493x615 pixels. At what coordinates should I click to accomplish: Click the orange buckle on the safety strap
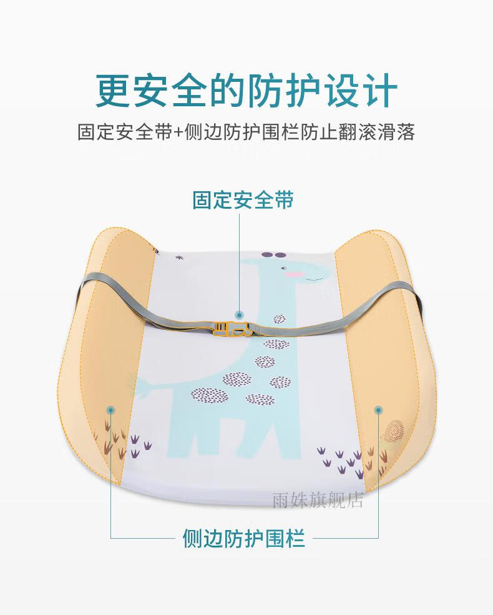pyautogui.click(x=232, y=329)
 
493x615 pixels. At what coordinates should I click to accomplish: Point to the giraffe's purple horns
pyautogui.click(x=274, y=256)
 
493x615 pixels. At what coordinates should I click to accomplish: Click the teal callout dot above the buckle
pyautogui.click(x=238, y=314)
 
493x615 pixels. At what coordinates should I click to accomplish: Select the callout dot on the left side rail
pyautogui.click(x=111, y=410)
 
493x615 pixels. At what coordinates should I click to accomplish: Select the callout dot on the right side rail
pyautogui.click(x=378, y=410)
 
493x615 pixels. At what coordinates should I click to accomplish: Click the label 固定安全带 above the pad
pyautogui.click(x=243, y=200)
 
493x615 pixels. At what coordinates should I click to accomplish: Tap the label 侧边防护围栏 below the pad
pyautogui.click(x=243, y=538)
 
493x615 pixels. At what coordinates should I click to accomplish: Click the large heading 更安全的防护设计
pyautogui.click(x=246, y=91)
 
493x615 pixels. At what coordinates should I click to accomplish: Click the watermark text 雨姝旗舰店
pyautogui.click(x=318, y=501)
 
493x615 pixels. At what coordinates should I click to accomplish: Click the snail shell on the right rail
pyautogui.click(x=394, y=430)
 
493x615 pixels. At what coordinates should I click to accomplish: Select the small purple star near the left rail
pyautogui.click(x=180, y=257)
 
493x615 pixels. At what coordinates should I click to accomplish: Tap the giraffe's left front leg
pyautogui.click(x=182, y=436)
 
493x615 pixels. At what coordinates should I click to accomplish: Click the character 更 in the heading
pyautogui.click(x=113, y=91)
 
